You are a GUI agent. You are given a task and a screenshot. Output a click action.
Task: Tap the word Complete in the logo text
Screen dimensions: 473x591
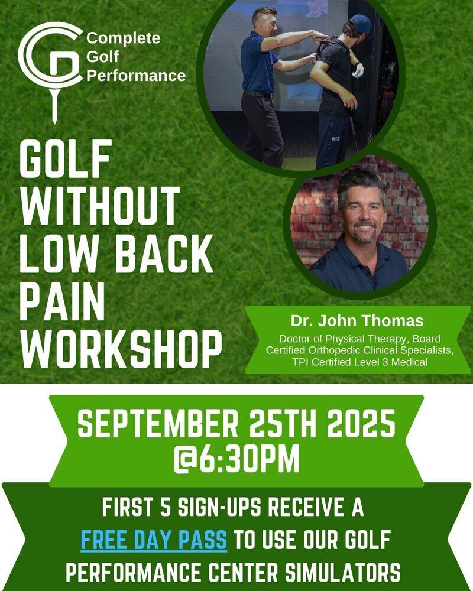click(x=124, y=38)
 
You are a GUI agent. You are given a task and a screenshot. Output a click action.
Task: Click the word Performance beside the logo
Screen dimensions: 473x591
click(x=136, y=76)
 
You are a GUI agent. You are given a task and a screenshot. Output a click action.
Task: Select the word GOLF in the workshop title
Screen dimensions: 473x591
click(x=66, y=158)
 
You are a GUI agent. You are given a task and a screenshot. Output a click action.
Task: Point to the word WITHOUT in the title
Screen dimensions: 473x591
click(x=99, y=206)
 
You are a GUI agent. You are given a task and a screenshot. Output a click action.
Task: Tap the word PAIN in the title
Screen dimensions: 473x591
click(x=62, y=301)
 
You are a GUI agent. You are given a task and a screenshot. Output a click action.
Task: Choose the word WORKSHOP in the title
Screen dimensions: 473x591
click(x=121, y=349)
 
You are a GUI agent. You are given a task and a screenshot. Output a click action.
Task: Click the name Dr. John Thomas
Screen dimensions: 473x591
click(x=357, y=321)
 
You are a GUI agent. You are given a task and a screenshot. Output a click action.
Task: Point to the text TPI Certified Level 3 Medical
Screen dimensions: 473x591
click(x=360, y=362)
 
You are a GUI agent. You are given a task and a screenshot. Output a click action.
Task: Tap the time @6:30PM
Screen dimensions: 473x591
click(x=237, y=459)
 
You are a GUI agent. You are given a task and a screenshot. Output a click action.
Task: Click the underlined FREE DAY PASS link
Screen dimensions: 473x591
click(x=154, y=540)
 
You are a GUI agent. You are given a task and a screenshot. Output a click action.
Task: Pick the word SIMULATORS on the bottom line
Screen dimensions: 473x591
click(x=342, y=573)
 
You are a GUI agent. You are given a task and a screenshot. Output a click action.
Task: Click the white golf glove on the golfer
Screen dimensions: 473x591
click(x=358, y=70)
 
